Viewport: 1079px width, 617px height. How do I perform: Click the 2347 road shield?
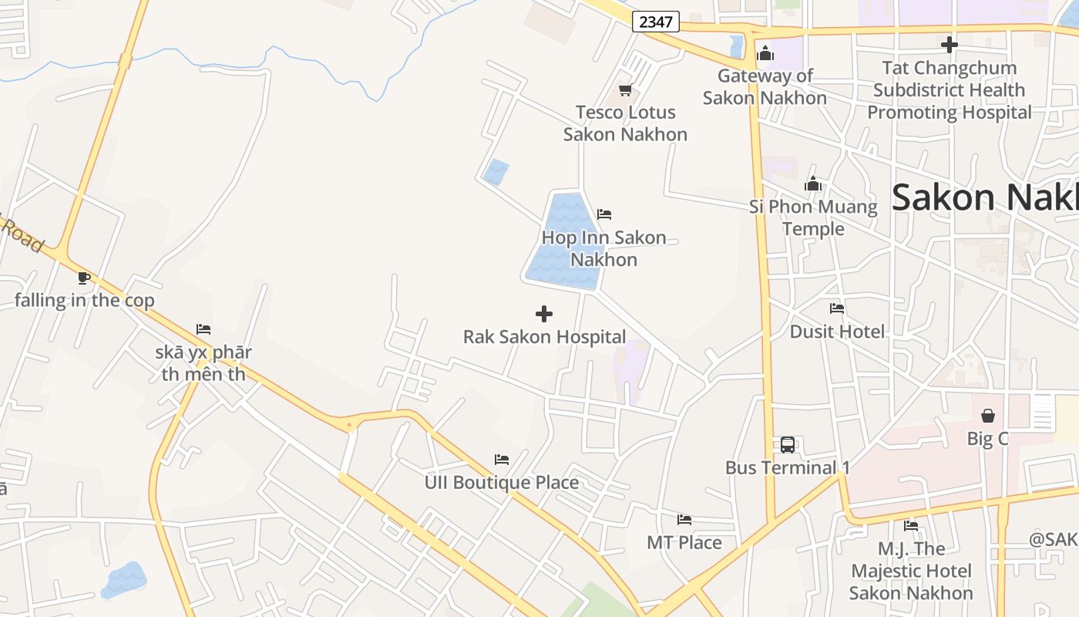click(x=655, y=22)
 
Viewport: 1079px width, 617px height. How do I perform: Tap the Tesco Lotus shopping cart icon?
click(x=625, y=90)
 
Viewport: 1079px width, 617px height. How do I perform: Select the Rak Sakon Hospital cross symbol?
click(x=544, y=314)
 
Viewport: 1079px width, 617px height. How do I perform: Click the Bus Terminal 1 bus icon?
click(x=787, y=445)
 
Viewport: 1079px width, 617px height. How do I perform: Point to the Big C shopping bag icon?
click(x=987, y=416)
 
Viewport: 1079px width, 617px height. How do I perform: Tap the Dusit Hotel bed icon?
click(x=837, y=309)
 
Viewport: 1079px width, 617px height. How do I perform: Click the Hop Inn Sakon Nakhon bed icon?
click(x=604, y=214)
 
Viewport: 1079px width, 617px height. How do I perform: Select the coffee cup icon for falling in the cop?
click(x=84, y=278)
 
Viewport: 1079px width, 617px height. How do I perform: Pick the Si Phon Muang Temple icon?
click(x=813, y=184)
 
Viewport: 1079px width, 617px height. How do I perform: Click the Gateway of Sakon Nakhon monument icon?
click(x=765, y=53)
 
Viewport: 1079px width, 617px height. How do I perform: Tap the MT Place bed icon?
click(x=684, y=520)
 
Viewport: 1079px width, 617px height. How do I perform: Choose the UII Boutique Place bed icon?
click(x=502, y=460)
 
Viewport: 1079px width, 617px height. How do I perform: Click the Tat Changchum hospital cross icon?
click(x=950, y=45)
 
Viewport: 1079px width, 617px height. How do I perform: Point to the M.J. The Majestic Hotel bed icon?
click(x=911, y=526)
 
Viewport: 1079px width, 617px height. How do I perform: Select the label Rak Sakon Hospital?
click(x=544, y=337)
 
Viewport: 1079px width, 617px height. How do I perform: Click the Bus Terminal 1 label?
click(x=788, y=467)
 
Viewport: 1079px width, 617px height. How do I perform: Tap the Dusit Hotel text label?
click(x=837, y=332)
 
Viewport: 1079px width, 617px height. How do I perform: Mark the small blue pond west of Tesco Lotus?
click(x=496, y=171)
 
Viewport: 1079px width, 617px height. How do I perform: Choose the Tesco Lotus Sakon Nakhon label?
click(x=625, y=123)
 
